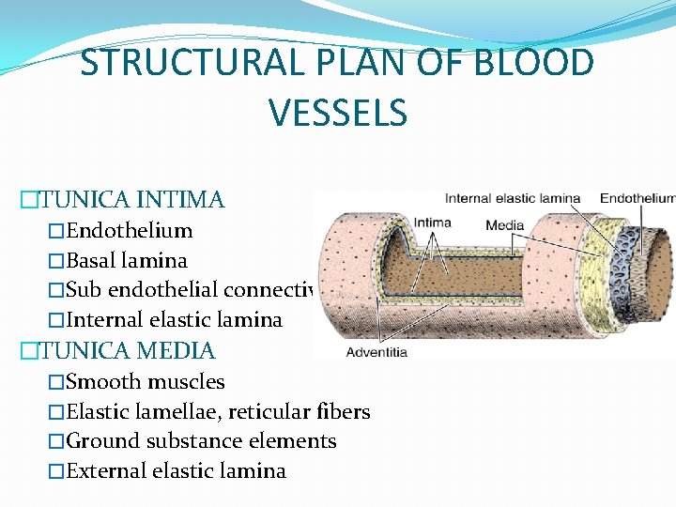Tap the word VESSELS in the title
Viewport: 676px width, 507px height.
point(337,113)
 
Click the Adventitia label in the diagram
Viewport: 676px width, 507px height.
point(376,352)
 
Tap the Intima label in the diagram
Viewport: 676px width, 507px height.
point(432,223)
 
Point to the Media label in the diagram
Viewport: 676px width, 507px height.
point(504,225)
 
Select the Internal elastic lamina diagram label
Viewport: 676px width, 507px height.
point(512,198)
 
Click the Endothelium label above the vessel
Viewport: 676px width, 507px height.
point(637,198)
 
